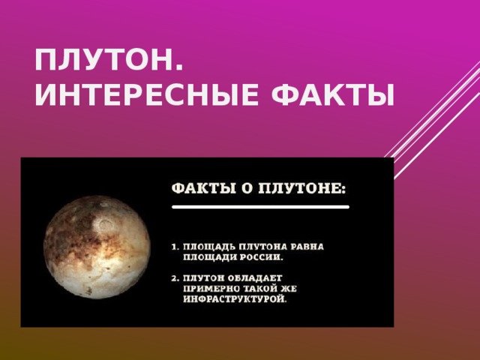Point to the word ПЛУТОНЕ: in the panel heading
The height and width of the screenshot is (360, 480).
(302, 188)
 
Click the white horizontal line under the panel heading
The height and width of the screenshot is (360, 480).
(260, 207)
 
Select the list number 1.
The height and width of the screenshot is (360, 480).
(175, 247)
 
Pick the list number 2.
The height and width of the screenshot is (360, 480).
(175, 278)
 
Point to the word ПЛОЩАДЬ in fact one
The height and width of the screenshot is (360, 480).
(209, 247)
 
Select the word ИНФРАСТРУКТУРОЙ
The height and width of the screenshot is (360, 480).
(235, 298)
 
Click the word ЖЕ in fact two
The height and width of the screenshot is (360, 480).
(288, 289)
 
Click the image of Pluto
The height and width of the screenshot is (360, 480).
(97, 247)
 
